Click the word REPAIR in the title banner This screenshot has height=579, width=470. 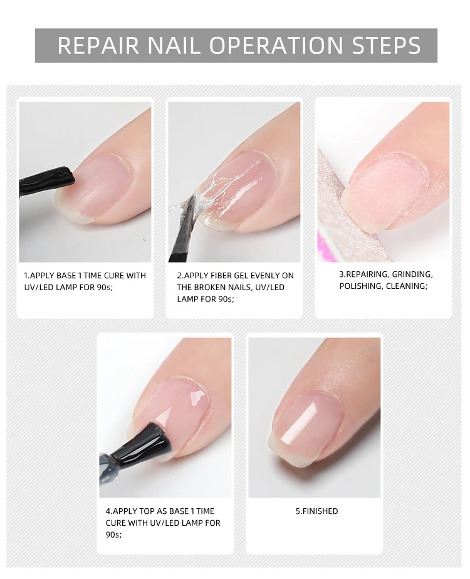coord(98,45)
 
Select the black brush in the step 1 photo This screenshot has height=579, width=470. coord(46,181)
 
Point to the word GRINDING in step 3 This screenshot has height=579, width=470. coord(412,274)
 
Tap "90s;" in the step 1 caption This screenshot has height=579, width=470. coord(105,287)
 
